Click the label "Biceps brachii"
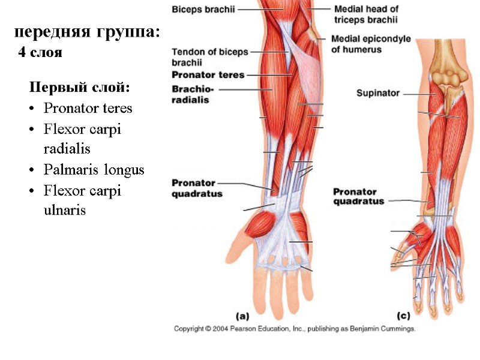203,10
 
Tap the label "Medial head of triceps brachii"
366,14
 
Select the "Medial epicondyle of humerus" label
371,44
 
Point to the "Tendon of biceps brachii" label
209,57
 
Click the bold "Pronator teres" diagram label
208,75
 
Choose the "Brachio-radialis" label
190,95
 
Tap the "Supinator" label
377,93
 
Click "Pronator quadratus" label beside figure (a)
197,188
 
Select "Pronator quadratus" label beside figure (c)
358,197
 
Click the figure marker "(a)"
242,315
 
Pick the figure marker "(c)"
403,315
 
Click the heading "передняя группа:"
88,31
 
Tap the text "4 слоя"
40,53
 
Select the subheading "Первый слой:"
79,88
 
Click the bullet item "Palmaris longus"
94,170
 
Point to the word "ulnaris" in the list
65,211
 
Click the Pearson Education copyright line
295,329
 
